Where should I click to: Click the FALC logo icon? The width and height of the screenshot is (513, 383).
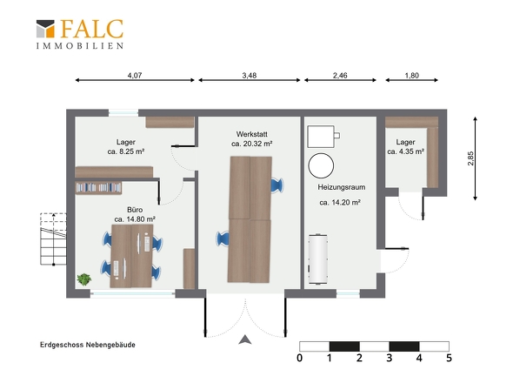[x=45, y=29]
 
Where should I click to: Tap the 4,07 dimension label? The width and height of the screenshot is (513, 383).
[x=135, y=76]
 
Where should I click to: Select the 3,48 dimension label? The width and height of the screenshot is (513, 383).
[x=250, y=76]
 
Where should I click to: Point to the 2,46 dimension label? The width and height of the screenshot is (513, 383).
[x=340, y=76]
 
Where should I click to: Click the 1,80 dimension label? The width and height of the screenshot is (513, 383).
[x=411, y=76]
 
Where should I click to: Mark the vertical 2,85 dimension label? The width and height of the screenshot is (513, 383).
[x=470, y=158]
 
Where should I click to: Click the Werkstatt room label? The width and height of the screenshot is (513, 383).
[x=251, y=134]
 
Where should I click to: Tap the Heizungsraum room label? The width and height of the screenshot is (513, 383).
[x=341, y=187]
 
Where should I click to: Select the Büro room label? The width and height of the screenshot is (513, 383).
[x=135, y=210]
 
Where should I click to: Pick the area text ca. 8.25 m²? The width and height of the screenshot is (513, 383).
[x=126, y=151]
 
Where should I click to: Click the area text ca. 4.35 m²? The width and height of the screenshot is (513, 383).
[x=406, y=151]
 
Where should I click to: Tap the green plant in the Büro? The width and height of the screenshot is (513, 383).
[x=84, y=279]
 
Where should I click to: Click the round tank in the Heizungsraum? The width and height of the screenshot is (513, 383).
[x=321, y=165]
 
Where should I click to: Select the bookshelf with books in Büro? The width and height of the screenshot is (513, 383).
[x=98, y=188]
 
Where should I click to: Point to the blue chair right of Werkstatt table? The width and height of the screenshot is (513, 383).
[x=277, y=185]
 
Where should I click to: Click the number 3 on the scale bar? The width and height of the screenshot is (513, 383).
[x=389, y=358]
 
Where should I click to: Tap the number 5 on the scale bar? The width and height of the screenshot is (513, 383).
[x=449, y=358]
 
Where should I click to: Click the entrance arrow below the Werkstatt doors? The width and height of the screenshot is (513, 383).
[x=245, y=339]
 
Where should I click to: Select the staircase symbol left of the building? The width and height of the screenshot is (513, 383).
[x=53, y=239]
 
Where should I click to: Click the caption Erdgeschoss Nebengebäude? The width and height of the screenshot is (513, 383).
[x=88, y=345]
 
